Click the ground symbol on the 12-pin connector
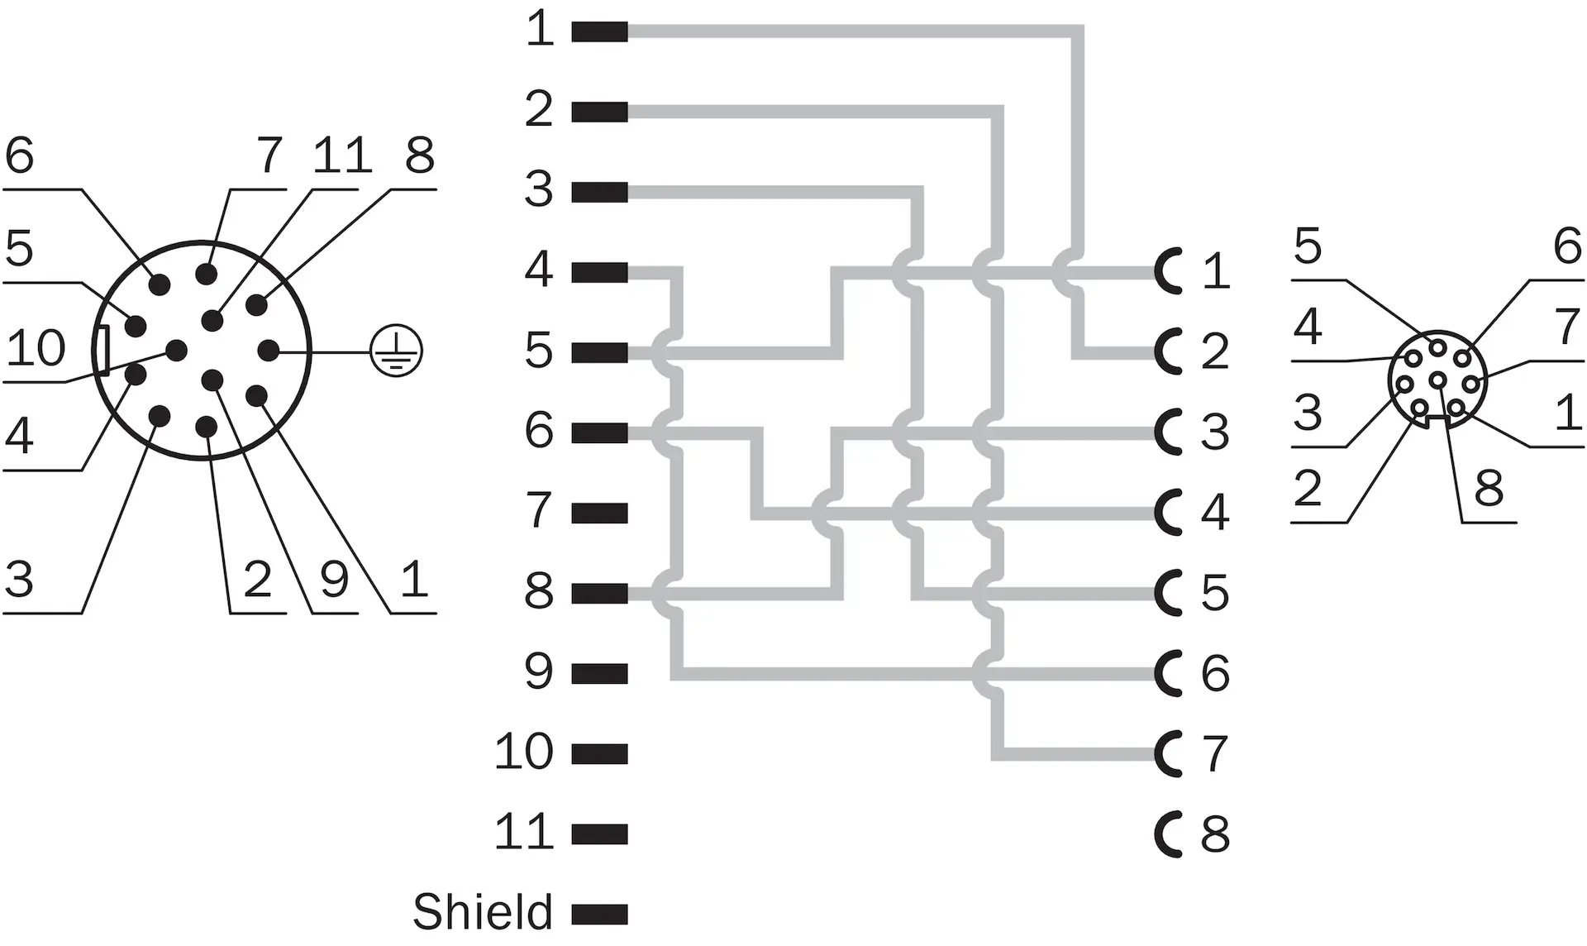pos(396,351)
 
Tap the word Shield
pos(483,912)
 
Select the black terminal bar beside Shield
pos(599,915)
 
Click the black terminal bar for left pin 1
pos(599,31)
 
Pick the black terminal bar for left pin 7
pos(599,513)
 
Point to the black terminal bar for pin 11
pos(599,834)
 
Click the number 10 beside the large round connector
pos(36,348)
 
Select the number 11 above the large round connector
pos(342,155)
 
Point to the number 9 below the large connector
pos(334,579)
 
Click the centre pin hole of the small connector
pos(1438,380)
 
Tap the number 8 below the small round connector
pos(1489,488)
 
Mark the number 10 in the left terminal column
pos(523,752)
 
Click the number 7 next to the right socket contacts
pos(1215,753)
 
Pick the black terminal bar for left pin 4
pos(599,272)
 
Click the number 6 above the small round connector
pos(1567,246)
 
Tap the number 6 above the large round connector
pos(19,155)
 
